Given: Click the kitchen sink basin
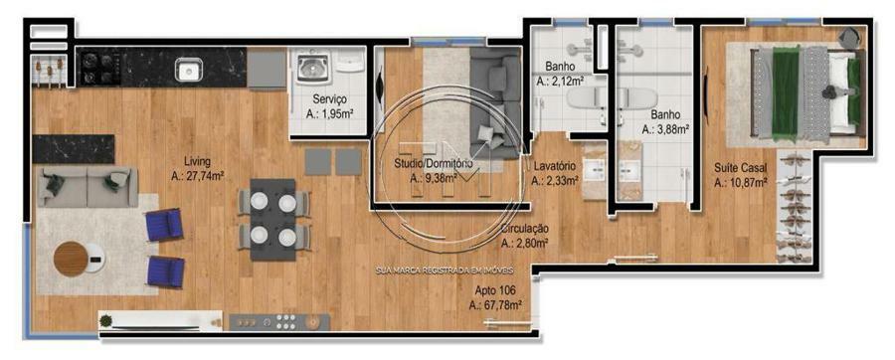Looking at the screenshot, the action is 188,70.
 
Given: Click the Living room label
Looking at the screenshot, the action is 198,160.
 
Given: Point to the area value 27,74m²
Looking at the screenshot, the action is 197,177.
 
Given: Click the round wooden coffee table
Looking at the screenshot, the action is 71,259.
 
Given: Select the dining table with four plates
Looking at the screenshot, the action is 272,219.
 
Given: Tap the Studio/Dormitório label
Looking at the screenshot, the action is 434,164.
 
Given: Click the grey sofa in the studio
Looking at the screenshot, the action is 495,102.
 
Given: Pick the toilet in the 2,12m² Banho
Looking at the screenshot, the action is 584,101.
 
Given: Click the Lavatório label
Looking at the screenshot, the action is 555,167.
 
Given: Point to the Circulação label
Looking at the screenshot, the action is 524,229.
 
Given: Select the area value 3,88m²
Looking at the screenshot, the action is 665,129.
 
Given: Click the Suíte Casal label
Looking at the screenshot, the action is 740,168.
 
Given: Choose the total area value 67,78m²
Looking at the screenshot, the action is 495,305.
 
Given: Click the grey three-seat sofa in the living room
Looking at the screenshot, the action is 88,187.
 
